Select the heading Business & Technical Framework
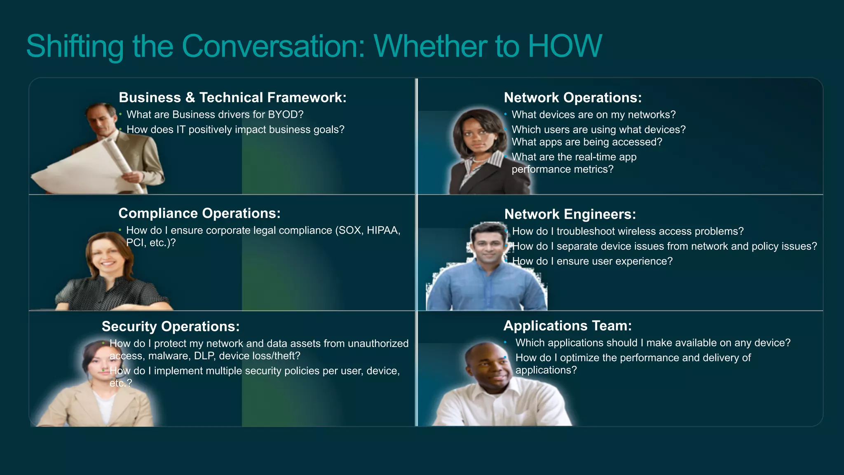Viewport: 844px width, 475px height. pos(232,98)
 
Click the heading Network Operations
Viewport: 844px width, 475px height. pos(572,98)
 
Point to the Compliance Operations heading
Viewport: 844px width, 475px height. pos(199,213)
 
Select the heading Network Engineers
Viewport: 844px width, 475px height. pos(570,214)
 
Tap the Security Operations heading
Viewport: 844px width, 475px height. pos(170,327)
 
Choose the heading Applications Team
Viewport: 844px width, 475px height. pos(567,326)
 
